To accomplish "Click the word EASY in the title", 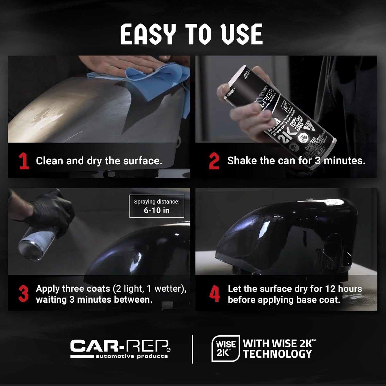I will pyautogui.click(x=148, y=34).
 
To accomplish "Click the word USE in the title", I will pyautogui.click(x=242, y=34).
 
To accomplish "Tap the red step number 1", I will pyautogui.click(x=24, y=161).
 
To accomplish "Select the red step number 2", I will pyautogui.click(x=214, y=161).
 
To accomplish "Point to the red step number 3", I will pyautogui.click(x=23, y=294).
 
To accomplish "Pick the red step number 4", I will pyautogui.click(x=214, y=294).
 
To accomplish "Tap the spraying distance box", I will pyautogui.click(x=157, y=206).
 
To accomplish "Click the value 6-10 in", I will pyautogui.click(x=157, y=210).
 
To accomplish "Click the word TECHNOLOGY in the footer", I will pyautogui.click(x=277, y=354).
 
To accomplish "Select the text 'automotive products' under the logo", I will pyautogui.click(x=132, y=356).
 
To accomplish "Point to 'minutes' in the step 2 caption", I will pyautogui.click(x=344, y=161).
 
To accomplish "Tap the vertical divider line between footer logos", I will pyautogui.click(x=192, y=349).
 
